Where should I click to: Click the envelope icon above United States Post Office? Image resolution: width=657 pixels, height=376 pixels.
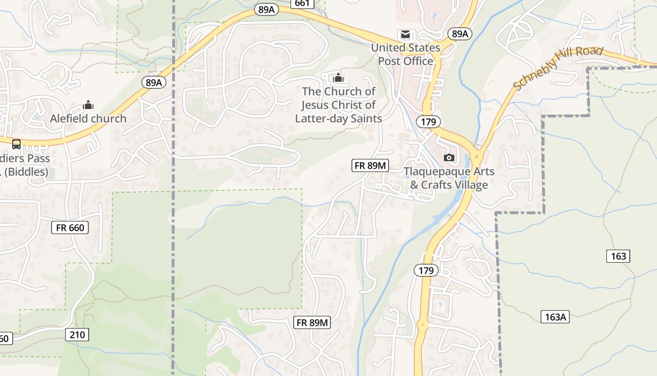pyautogui.click(x=405, y=34)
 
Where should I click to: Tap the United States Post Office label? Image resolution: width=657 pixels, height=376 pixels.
pyautogui.click(x=406, y=55)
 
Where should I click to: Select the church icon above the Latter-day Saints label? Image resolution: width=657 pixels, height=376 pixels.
pyautogui.click(x=338, y=78)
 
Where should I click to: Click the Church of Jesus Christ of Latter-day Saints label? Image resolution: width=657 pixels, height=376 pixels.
pyautogui.click(x=338, y=105)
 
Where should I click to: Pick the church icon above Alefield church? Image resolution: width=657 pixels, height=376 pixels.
pyautogui.click(x=88, y=105)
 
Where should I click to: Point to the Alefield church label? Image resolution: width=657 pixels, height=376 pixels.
pyautogui.click(x=88, y=118)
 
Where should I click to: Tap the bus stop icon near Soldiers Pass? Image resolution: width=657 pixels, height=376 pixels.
pyautogui.click(x=16, y=144)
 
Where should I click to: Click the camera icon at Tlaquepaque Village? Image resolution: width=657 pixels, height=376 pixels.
pyautogui.click(x=449, y=157)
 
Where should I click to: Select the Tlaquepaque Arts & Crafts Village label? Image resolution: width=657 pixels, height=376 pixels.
pyautogui.click(x=449, y=178)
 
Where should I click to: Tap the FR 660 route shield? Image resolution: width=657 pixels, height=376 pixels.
pyautogui.click(x=70, y=228)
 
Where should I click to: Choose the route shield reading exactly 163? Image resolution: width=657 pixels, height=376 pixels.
pyautogui.click(x=619, y=256)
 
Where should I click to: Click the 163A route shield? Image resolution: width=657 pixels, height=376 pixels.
pyautogui.click(x=555, y=317)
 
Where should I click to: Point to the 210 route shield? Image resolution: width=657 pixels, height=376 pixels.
pyautogui.click(x=77, y=335)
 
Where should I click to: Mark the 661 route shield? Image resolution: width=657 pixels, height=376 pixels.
pyautogui.click(x=302, y=4)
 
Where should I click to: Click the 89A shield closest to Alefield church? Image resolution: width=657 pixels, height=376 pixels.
pyautogui.click(x=153, y=83)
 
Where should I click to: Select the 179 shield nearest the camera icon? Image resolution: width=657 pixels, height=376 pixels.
pyautogui.click(x=428, y=122)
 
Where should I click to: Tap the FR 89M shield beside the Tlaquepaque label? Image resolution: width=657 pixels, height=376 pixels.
pyautogui.click(x=370, y=165)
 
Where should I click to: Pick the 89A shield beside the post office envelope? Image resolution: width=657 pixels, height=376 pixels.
pyautogui.click(x=459, y=34)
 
